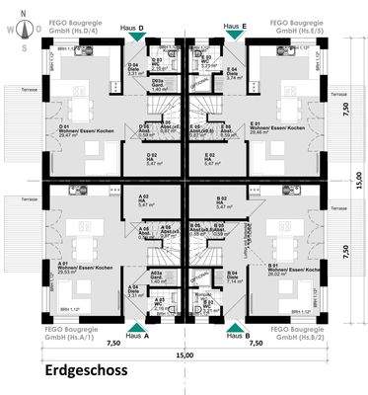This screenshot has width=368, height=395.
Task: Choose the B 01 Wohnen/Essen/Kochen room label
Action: (284, 268)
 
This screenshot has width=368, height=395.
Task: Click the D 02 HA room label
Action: (153, 158)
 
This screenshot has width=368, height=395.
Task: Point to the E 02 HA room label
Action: (209, 158)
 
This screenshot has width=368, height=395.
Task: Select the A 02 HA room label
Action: (145, 201)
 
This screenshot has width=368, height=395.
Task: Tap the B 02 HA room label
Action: (222, 201)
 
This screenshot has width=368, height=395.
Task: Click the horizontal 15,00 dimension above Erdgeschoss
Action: (184, 355)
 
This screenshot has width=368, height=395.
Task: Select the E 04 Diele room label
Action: (233, 73)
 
